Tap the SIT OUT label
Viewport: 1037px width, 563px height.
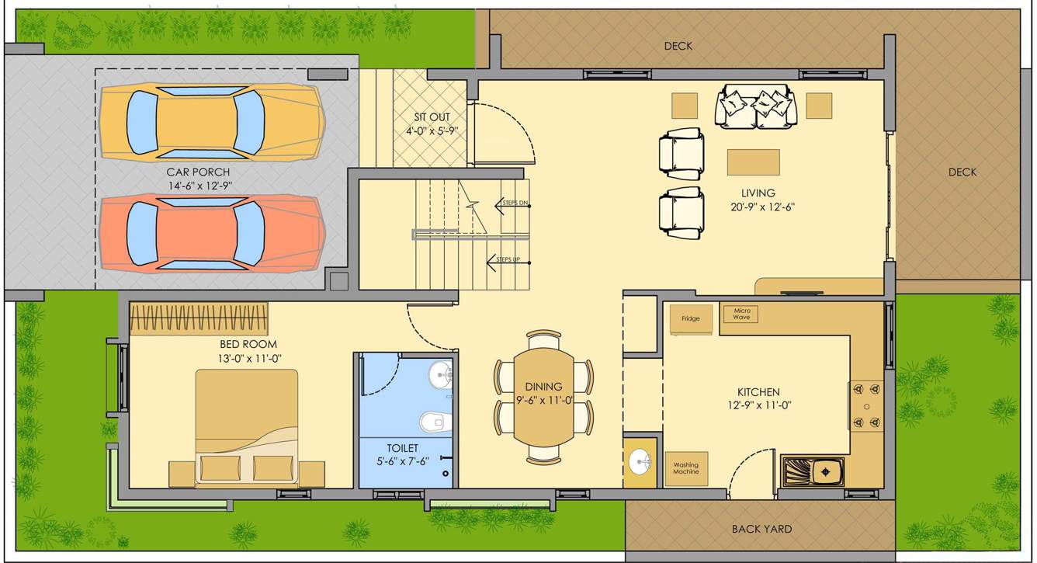[431, 117]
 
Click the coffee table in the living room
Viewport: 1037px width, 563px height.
[753, 162]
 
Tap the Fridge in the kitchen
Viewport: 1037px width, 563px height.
[691, 319]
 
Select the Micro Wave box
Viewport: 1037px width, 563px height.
[740, 314]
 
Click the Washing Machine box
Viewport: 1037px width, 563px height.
[686, 468]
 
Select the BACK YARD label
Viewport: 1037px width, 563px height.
[761, 530]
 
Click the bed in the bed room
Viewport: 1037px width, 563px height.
[247, 427]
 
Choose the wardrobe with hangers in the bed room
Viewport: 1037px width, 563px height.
[199, 318]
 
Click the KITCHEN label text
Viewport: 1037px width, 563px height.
[758, 392]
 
